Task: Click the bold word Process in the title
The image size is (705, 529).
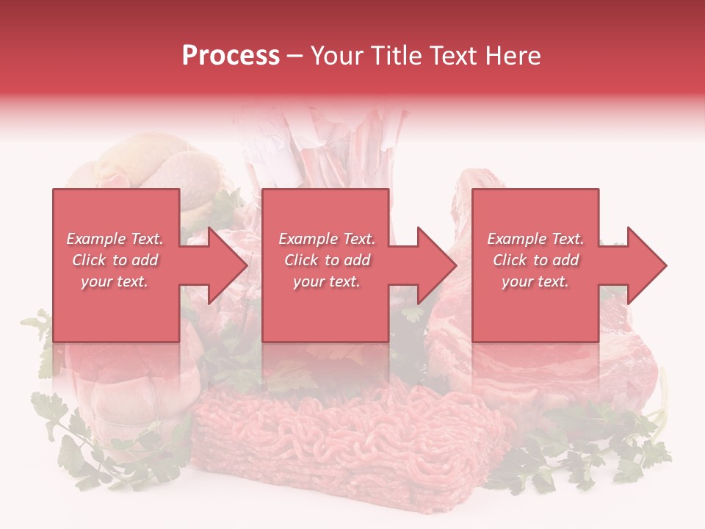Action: pos(231,56)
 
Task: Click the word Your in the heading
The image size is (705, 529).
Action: pos(339,56)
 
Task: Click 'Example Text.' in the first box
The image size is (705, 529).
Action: pos(115,239)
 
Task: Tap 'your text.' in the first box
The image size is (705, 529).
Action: pos(115,281)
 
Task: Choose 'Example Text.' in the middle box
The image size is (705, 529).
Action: pos(327,239)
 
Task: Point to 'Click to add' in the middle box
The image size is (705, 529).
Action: pos(327,260)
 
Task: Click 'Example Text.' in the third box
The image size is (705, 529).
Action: pos(535,239)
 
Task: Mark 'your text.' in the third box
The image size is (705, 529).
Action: pos(535,281)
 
